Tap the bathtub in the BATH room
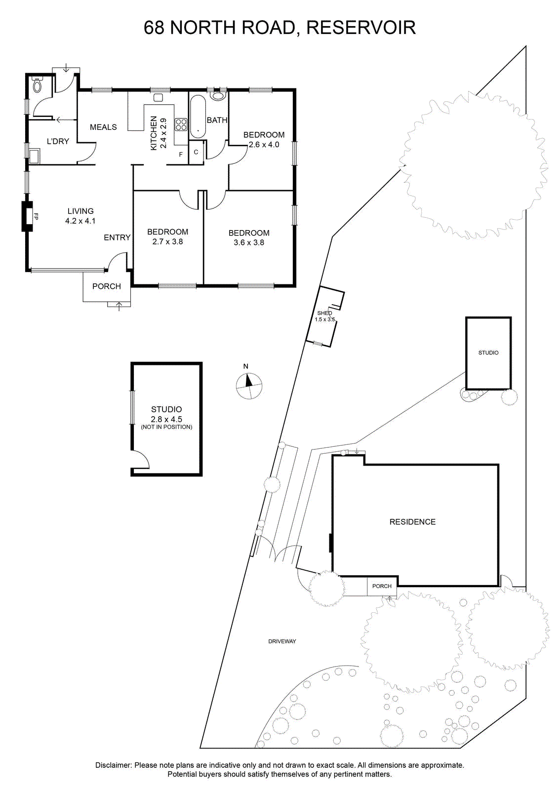(198, 117)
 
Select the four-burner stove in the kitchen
(181, 124)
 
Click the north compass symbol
(249, 386)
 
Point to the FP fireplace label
(36, 216)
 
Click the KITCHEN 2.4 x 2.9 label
(159, 133)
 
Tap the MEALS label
(103, 127)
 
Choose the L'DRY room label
(58, 141)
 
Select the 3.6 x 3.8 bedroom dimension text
(249, 242)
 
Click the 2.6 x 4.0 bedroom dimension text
(264, 145)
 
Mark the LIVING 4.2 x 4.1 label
(80, 216)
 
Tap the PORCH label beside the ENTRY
(107, 286)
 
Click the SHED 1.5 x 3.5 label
(324, 316)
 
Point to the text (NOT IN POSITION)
(166, 427)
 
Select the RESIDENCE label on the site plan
(412, 521)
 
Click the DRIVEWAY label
(282, 641)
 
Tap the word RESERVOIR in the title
(361, 28)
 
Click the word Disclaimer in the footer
(114, 765)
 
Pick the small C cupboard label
(196, 152)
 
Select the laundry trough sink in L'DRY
(35, 156)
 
